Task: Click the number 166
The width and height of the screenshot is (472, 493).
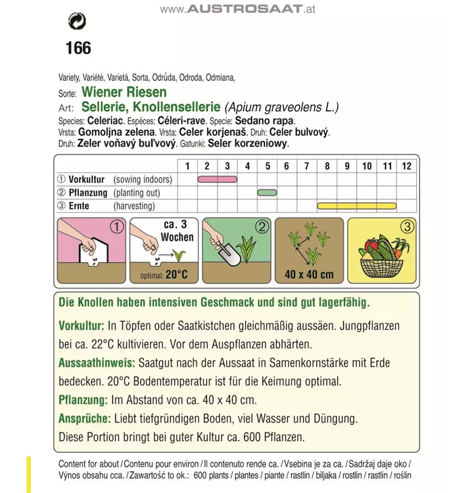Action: point(78,48)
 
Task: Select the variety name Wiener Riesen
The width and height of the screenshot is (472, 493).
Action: point(124,92)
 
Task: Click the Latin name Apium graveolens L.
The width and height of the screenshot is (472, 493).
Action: point(282,107)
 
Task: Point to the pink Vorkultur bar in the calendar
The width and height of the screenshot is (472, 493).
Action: point(218,179)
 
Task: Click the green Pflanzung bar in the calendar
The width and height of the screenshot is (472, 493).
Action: point(267,193)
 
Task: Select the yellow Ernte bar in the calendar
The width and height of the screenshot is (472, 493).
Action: point(356,206)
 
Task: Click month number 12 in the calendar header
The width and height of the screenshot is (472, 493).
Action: point(407,166)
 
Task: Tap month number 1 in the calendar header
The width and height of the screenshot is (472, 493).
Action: point(187,166)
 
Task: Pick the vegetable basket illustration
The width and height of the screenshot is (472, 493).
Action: point(381,256)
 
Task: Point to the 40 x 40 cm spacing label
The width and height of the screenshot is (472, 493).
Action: point(310,274)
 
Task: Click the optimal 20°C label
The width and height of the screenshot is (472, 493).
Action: point(164,275)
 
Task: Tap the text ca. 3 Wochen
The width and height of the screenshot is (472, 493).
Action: point(177,231)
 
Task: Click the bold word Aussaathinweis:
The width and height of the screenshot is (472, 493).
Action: point(97,363)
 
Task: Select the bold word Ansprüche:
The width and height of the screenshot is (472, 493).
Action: point(84,418)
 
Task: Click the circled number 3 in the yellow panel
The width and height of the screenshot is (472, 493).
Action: point(407,227)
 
